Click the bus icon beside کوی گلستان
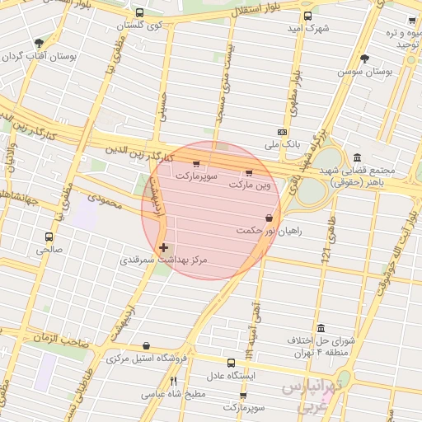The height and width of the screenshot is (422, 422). (x=138, y=13)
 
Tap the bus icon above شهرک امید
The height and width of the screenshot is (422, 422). (x=307, y=16)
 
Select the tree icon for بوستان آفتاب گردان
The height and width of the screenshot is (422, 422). (x=38, y=44)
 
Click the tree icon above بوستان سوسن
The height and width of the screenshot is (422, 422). (x=365, y=58)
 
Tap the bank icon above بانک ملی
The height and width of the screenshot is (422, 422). (x=283, y=132)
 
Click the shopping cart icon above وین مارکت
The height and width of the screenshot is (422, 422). (x=248, y=173)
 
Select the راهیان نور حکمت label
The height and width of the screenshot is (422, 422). (x=269, y=231)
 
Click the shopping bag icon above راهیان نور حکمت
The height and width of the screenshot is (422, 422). (x=270, y=218)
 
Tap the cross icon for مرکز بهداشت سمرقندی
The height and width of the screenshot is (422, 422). (x=163, y=246)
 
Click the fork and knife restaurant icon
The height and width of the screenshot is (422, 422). (x=173, y=381)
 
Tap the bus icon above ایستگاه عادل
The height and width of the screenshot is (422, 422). (x=231, y=361)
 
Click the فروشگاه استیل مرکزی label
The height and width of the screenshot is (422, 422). (x=147, y=359)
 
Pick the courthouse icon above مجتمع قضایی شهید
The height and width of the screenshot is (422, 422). (x=356, y=157)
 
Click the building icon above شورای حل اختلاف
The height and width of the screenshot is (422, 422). (x=321, y=327)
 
